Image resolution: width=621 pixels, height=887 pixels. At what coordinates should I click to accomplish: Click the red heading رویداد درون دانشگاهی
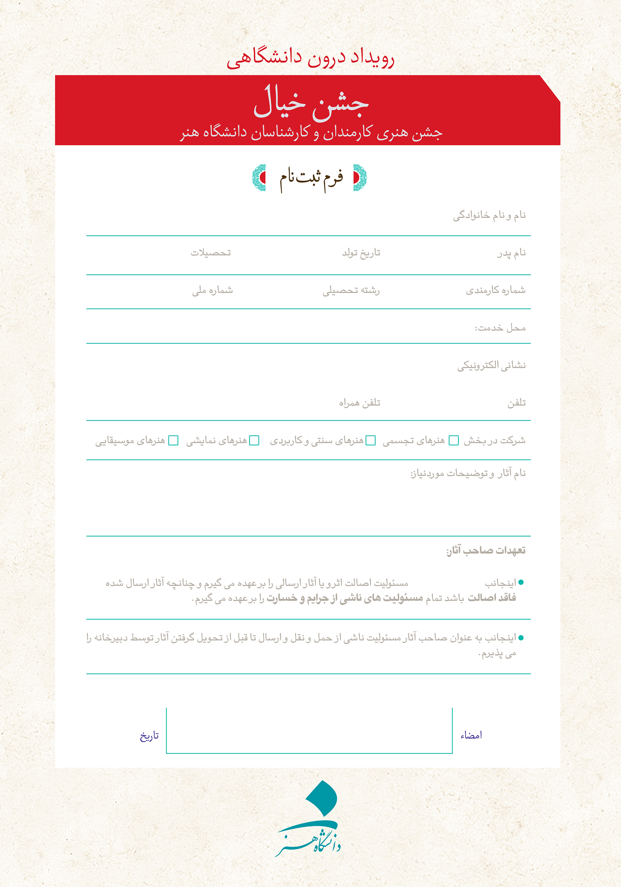click(x=310, y=59)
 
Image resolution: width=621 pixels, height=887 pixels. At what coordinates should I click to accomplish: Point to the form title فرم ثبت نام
click(x=311, y=178)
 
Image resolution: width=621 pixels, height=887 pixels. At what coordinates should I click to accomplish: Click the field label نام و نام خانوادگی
click(x=489, y=215)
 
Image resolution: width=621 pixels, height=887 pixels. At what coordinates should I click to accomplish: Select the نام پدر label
click(x=511, y=253)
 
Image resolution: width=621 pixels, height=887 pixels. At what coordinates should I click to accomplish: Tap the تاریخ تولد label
click(x=361, y=253)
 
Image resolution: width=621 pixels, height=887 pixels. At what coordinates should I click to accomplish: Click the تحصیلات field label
click(x=211, y=253)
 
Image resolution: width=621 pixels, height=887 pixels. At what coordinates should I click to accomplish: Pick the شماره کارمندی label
click(x=495, y=290)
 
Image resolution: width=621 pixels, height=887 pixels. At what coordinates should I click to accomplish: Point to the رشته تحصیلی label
click(x=351, y=291)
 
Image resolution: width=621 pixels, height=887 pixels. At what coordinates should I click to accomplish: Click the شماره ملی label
click(x=213, y=291)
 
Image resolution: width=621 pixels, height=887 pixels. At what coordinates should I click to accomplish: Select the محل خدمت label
click(x=500, y=328)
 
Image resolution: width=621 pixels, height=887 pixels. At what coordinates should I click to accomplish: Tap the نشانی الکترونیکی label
click(x=491, y=365)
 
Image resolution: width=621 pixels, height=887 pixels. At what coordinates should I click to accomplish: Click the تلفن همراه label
click(x=360, y=403)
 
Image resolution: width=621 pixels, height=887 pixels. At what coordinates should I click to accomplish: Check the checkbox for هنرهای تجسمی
click(x=454, y=440)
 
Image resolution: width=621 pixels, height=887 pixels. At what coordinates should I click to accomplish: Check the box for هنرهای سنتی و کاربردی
click(x=370, y=440)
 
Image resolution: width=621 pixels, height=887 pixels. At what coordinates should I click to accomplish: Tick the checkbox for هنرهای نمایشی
click(x=254, y=440)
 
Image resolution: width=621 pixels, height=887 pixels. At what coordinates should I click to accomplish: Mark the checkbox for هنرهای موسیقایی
click(x=173, y=440)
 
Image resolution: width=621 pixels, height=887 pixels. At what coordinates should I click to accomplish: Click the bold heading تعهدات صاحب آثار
click(x=485, y=550)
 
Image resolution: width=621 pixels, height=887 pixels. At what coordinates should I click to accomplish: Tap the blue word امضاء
click(x=471, y=735)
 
